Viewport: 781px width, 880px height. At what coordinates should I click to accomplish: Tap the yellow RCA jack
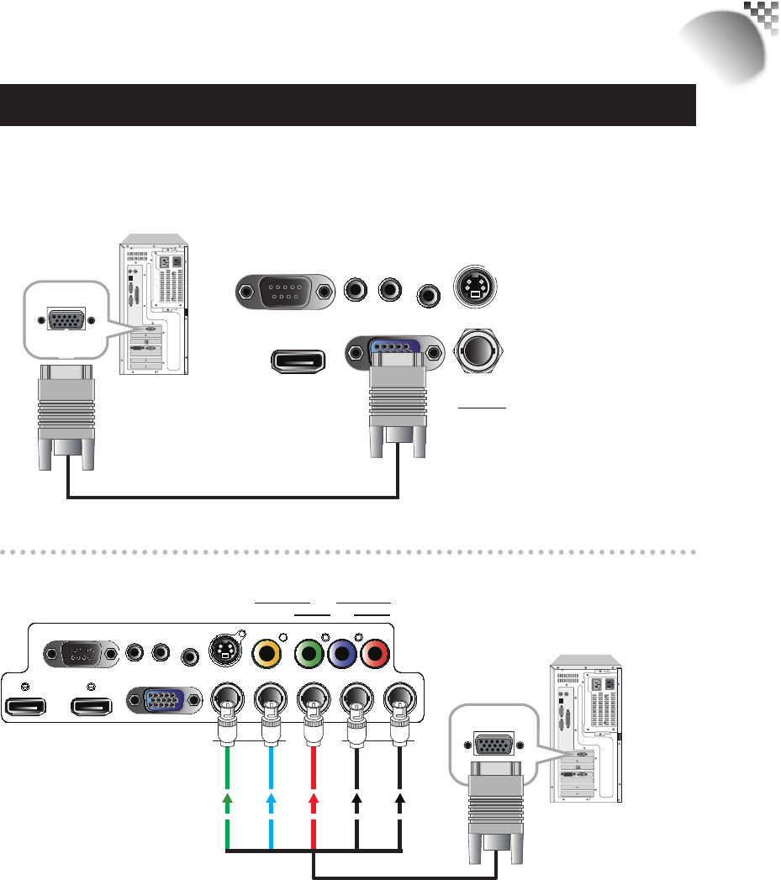[x=267, y=651]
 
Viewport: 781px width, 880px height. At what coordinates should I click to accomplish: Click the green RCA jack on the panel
[x=310, y=652]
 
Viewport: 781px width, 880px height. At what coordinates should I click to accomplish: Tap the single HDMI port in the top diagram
[x=298, y=360]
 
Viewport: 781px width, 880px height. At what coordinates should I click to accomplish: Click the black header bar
[x=348, y=104]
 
